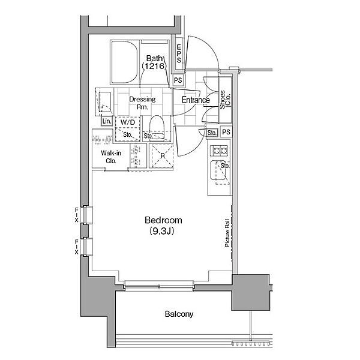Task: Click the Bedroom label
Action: point(163,220)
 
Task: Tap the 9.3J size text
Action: point(161,231)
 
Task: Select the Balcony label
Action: point(179,314)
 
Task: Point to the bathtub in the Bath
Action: point(124,62)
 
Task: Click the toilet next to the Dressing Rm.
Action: point(157,127)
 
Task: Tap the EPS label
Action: point(179,54)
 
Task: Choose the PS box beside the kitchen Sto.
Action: point(226,132)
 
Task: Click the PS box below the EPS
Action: point(178,80)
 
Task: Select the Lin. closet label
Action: point(107,121)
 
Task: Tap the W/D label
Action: point(128,122)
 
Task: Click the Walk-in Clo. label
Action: point(111,157)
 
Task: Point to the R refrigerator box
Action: point(163,156)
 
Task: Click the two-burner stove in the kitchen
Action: point(219,151)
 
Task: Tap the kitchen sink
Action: point(218,170)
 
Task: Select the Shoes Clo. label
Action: point(225,99)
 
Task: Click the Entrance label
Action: point(196,100)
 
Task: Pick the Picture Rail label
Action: point(227,233)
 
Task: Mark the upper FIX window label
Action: point(76,215)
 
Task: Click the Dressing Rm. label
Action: point(142,103)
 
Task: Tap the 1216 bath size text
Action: point(154,66)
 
